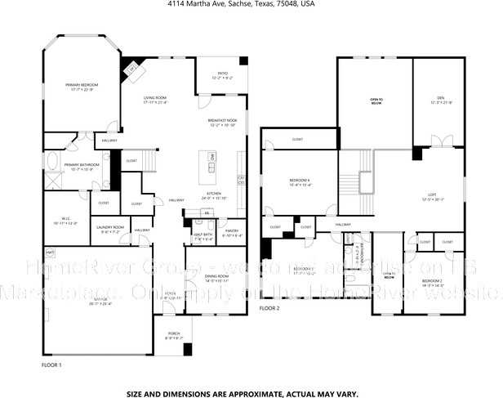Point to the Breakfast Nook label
click(x=222, y=123)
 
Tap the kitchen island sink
click(x=212, y=168)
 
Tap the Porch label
click(x=175, y=336)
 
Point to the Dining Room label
click(x=216, y=278)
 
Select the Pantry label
click(x=231, y=233)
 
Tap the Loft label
click(x=433, y=197)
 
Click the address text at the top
click(x=251, y=4)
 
